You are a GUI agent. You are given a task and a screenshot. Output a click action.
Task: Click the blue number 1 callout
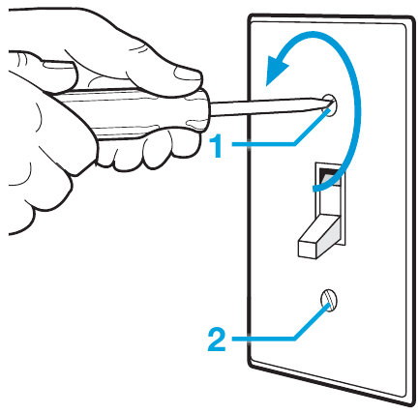click(x=217, y=146)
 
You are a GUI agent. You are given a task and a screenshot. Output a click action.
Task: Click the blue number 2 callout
click(x=217, y=339)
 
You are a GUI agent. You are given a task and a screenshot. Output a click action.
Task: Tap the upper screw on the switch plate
click(x=330, y=105)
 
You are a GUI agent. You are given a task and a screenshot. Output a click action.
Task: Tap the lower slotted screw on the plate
click(x=329, y=300)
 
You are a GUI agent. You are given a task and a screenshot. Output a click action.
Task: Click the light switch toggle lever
click(x=320, y=236)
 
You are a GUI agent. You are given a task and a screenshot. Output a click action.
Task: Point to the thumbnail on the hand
click(x=187, y=74)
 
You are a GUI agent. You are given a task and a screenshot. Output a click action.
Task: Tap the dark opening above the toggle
click(x=329, y=176)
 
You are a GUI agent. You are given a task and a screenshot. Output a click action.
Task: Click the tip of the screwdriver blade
click(x=332, y=103)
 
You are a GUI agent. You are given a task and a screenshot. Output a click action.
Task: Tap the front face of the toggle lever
click(x=307, y=249)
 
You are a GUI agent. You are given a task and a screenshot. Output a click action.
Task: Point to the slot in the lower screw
click(x=328, y=301)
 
